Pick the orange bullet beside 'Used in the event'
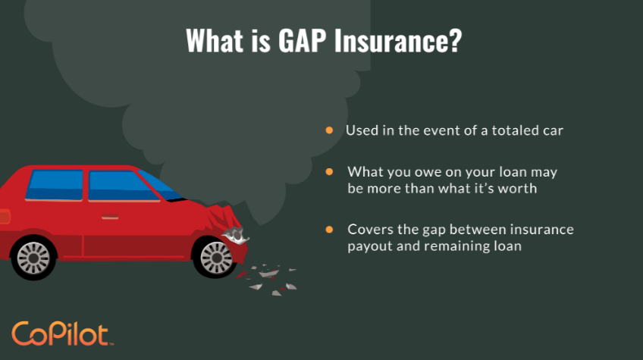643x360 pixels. click(x=329, y=130)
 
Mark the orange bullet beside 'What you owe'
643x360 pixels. click(x=329, y=172)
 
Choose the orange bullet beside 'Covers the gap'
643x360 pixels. click(x=329, y=229)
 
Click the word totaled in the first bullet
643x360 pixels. click(x=507, y=130)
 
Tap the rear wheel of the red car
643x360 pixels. click(x=33, y=257)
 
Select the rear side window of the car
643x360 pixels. click(x=55, y=184)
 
